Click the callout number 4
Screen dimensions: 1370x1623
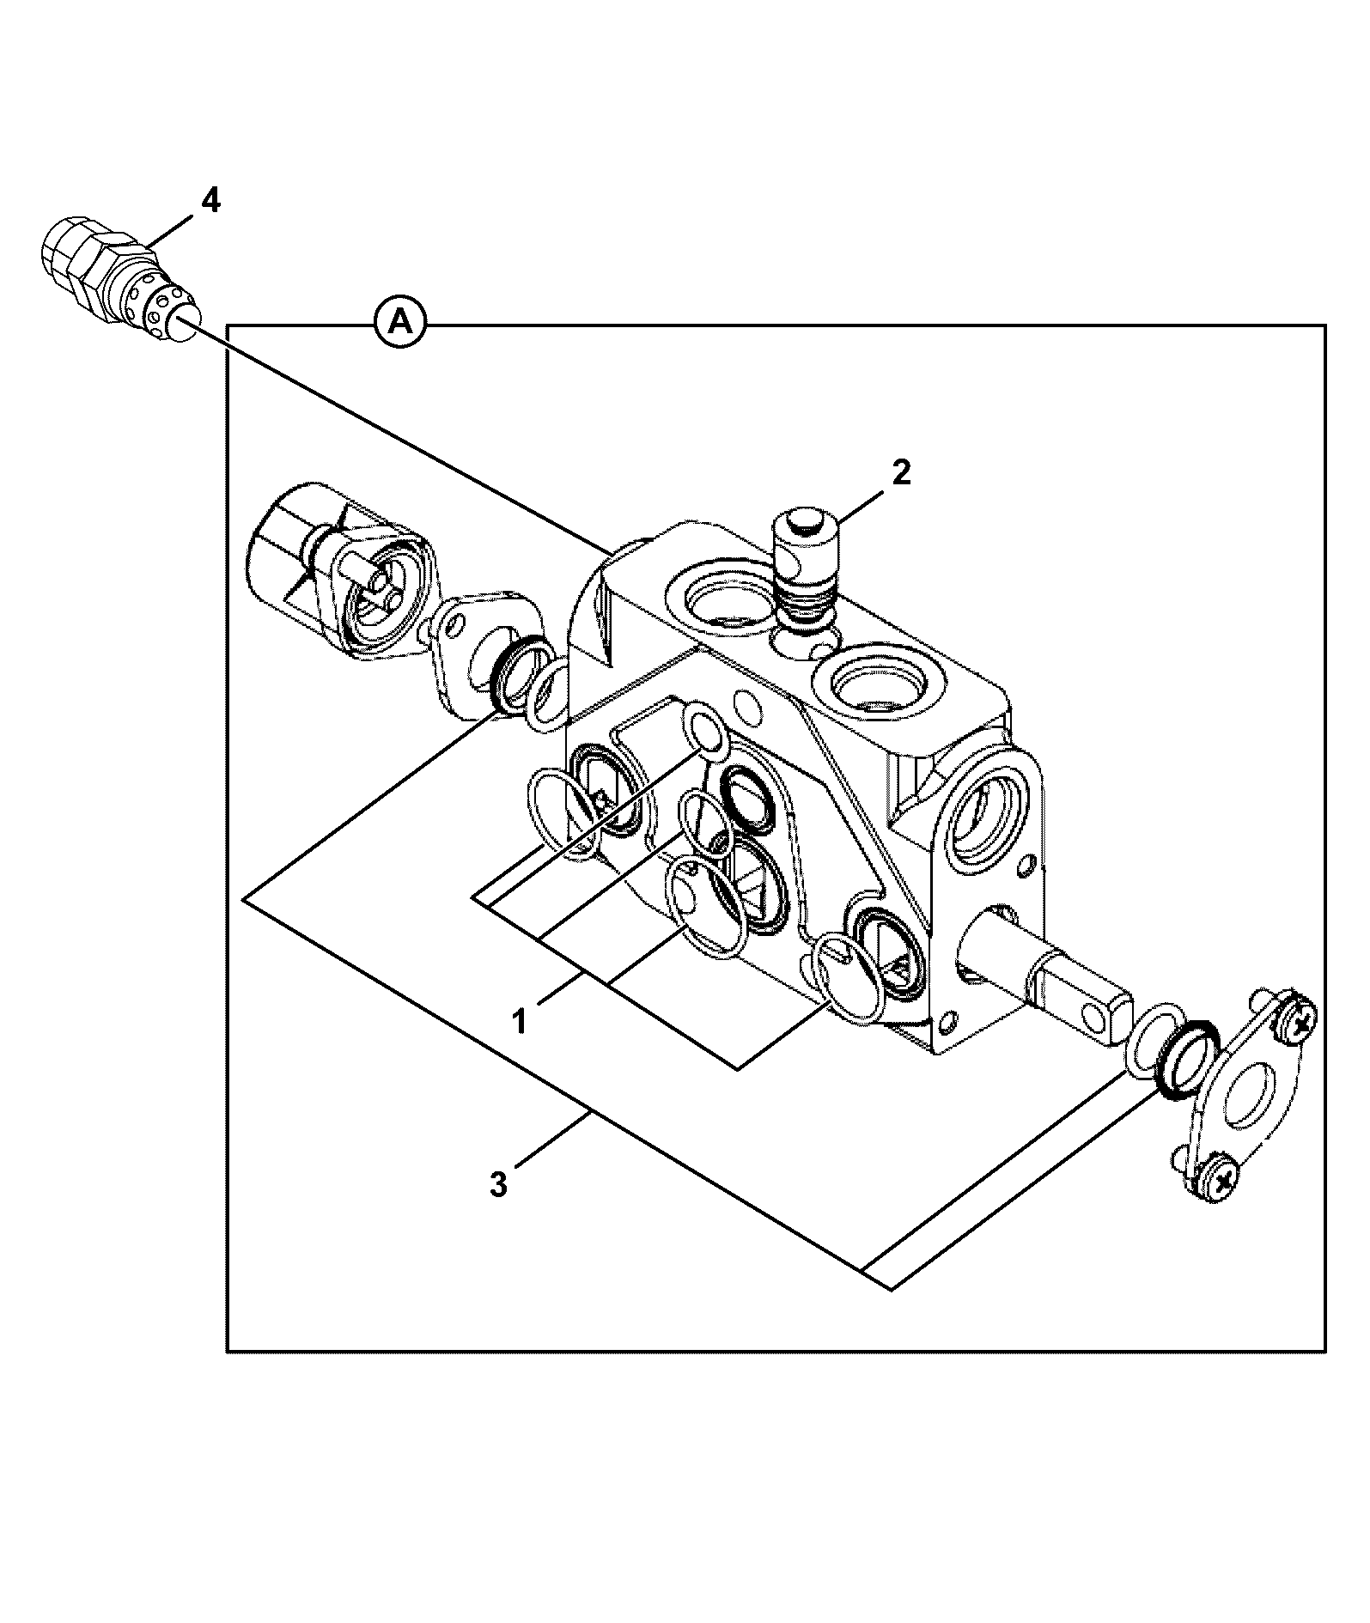[x=210, y=201]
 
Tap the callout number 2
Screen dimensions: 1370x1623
[x=900, y=473]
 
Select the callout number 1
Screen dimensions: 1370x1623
[x=520, y=1023]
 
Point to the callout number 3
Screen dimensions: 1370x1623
[x=499, y=1186]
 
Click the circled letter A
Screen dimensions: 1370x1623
[x=399, y=324]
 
